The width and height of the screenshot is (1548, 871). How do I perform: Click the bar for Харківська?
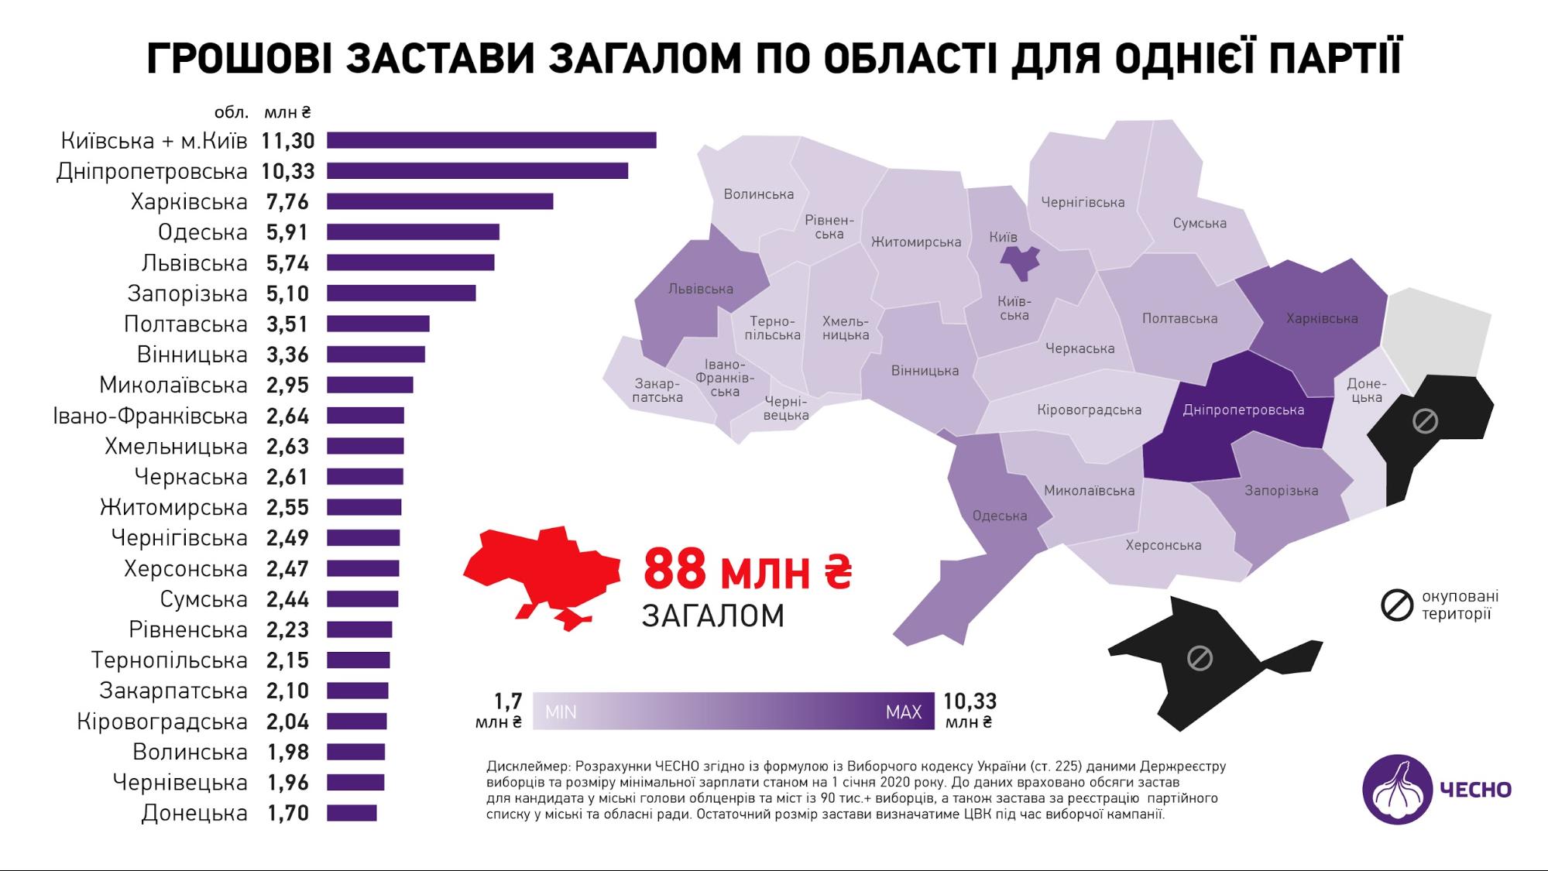[440, 202]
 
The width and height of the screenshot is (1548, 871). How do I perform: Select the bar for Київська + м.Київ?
[491, 140]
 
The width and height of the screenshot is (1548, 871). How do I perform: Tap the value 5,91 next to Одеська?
[287, 232]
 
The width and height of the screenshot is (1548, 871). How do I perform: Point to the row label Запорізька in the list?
[187, 293]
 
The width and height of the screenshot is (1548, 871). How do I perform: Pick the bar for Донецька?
[352, 813]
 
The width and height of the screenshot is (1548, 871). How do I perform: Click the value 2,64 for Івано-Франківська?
[287, 416]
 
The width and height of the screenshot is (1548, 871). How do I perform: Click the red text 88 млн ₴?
[747, 570]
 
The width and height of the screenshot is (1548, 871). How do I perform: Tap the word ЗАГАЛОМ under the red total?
[712, 616]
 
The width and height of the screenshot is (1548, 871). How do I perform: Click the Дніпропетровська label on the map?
[1243, 410]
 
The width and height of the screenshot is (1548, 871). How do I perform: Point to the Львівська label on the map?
[700, 290]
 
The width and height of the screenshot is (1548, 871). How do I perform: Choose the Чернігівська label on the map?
[1083, 203]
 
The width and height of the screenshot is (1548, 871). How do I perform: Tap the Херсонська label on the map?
[1163, 545]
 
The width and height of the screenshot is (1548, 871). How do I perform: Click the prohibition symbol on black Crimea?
[1200, 659]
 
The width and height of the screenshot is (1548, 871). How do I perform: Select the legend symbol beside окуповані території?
[1397, 605]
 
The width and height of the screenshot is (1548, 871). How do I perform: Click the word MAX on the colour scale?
[904, 712]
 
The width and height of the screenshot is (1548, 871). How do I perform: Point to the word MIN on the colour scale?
[561, 712]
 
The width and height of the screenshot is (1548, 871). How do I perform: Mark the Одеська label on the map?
[1000, 516]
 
